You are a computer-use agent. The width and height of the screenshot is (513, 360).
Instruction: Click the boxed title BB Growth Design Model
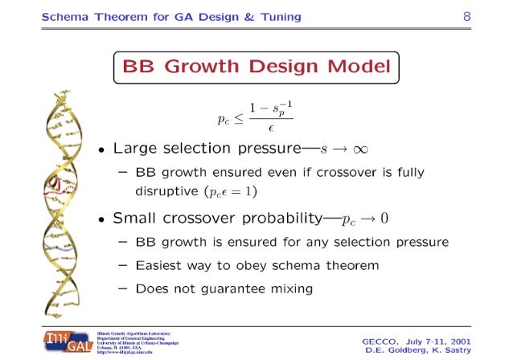256,67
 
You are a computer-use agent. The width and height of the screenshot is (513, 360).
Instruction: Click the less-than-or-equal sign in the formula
239,118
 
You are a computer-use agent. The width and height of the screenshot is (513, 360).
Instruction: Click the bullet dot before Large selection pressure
102,150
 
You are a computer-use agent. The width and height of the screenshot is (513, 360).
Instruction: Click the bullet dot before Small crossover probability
102,219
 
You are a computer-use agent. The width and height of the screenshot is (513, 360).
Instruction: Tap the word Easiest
161,264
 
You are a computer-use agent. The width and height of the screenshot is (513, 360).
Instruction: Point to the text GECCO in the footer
383,340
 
